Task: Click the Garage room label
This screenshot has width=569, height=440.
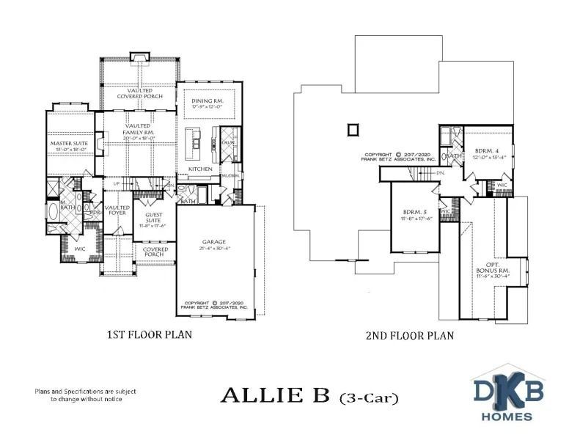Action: click(214, 241)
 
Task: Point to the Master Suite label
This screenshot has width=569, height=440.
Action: click(69, 143)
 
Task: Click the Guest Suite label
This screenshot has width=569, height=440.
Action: click(154, 218)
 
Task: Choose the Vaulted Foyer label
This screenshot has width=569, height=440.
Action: click(117, 210)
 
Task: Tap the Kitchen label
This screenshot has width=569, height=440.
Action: click(200, 169)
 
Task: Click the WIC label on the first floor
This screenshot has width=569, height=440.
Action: click(79, 249)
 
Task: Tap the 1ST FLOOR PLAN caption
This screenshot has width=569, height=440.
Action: click(151, 334)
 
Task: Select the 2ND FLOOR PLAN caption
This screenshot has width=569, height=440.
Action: click(409, 335)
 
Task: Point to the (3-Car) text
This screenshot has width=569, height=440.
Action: click(369, 398)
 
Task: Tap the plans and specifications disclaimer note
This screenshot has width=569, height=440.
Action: click(85, 395)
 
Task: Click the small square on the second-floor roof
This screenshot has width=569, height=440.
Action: click(353, 129)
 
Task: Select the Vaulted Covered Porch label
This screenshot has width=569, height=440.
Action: click(139, 92)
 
